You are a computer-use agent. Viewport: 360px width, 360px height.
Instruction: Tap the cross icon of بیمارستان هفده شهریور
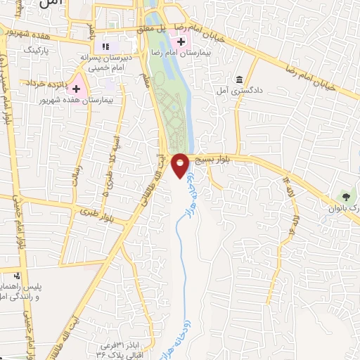(77, 91)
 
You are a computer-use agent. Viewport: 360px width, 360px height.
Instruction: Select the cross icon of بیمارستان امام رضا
(181, 43)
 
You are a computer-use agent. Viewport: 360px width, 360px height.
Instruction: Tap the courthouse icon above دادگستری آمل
(240, 78)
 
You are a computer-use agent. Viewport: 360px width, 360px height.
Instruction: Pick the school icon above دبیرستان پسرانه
(105, 46)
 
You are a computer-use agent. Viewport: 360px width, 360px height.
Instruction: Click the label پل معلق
(170, 27)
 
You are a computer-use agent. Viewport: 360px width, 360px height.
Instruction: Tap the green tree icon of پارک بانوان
(345, 195)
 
